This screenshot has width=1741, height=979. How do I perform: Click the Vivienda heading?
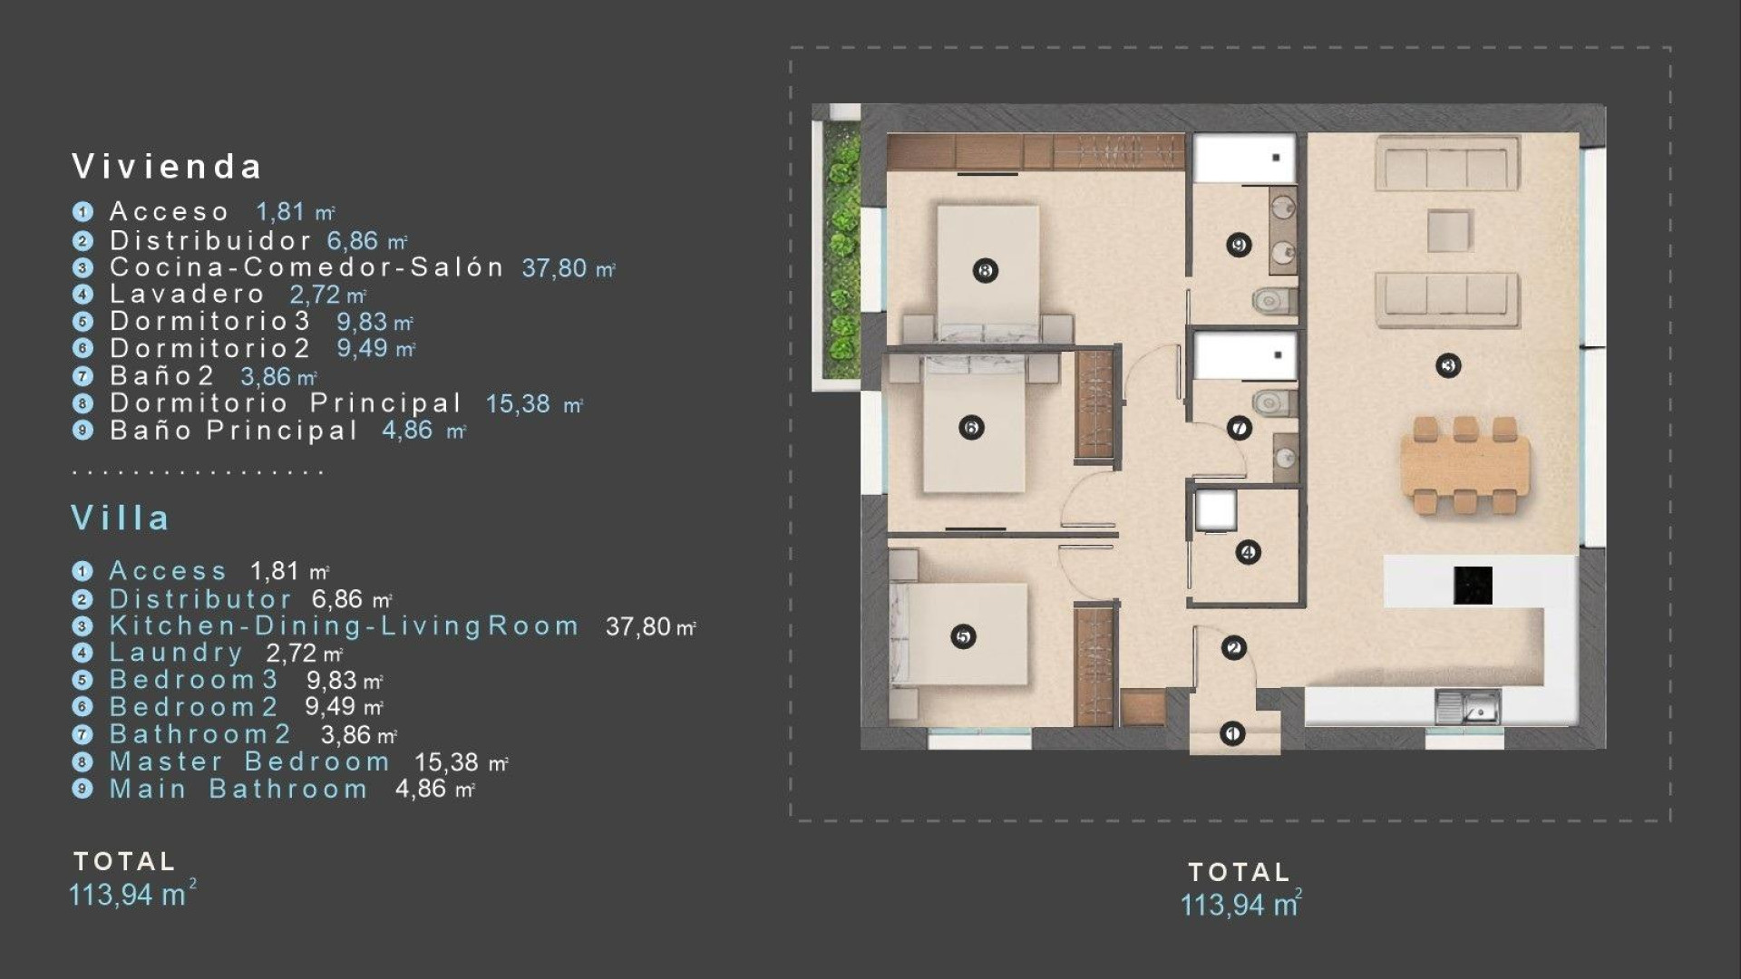[167, 167]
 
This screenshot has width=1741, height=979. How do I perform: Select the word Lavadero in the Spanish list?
[187, 295]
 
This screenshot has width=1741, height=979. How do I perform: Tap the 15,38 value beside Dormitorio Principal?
[518, 403]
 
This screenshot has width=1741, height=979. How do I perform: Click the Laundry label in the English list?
[176, 653]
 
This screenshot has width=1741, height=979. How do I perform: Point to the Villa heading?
[120, 519]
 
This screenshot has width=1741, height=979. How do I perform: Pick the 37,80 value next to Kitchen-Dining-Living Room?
[637, 626]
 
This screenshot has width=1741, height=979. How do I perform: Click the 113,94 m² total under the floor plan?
[1240, 905]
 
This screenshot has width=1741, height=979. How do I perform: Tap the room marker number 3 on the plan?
[1448, 366]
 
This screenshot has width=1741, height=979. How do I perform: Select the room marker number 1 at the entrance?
[1232, 733]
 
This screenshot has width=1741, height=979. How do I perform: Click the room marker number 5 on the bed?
[963, 637]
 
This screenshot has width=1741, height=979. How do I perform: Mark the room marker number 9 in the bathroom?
[1239, 245]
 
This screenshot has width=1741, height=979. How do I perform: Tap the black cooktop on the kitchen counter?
[1473, 586]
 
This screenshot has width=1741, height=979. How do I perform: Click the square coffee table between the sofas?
[1449, 230]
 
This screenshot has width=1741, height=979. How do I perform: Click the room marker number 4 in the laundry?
[1248, 552]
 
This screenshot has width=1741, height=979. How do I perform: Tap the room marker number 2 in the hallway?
[1233, 648]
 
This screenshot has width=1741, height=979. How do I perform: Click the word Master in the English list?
[166, 762]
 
